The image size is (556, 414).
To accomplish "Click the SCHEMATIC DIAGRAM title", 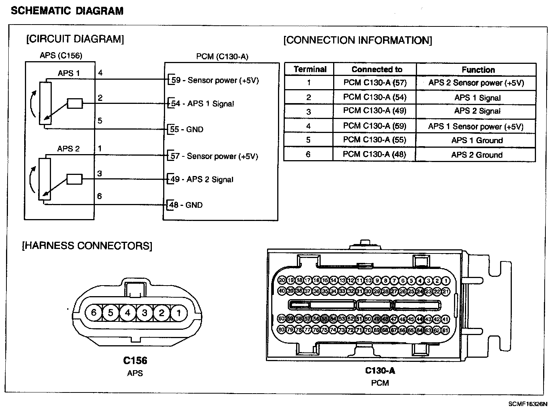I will pos(67,11).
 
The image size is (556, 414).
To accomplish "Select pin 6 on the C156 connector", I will pos(94,312).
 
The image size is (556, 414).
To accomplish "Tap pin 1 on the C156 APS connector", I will pos(179,312).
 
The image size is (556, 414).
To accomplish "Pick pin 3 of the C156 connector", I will pos(145,312).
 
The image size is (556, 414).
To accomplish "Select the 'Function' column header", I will pos(478,70).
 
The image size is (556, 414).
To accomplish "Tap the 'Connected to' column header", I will pos(377,70).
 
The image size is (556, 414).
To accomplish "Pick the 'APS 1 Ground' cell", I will pos(477,141).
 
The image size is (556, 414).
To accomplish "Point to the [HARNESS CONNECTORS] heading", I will pos(87,246).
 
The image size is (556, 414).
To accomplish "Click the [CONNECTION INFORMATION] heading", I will pos(358,40).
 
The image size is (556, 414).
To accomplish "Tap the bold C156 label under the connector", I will pos(135,360).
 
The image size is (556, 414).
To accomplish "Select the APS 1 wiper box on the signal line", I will pos(75,103).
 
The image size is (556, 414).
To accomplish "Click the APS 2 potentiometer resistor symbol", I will pos(45,179).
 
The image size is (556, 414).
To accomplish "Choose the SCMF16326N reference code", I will pos(527,404).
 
